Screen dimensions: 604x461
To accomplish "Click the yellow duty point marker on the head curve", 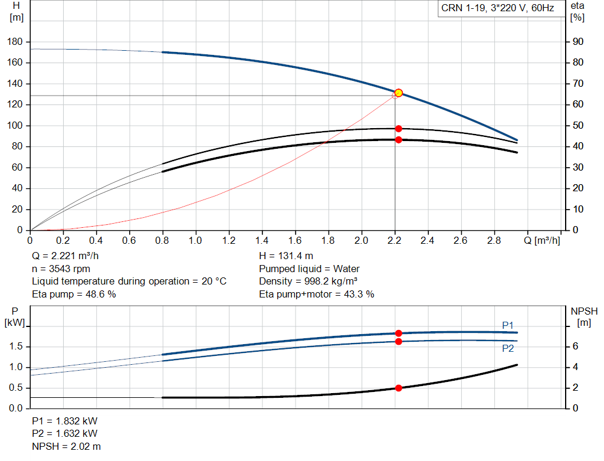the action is (x=399, y=93).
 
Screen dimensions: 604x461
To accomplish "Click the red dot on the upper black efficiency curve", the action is (x=399, y=129).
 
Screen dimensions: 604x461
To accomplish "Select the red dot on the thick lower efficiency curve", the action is (x=399, y=140).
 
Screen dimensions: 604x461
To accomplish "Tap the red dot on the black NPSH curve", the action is (x=399, y=388).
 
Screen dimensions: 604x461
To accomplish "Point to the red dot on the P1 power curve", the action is (x=399, y=334).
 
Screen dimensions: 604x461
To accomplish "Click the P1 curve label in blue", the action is (x=508, y=325).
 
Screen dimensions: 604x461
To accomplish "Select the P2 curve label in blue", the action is (x=508, y=348).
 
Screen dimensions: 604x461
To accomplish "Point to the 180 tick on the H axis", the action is (x=15, y=42).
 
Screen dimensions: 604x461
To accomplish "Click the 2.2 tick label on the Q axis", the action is (x=394, y=240).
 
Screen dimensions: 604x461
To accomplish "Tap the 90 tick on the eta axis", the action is (x=578, y=42).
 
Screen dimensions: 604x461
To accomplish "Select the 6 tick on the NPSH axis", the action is (x=575, y=346).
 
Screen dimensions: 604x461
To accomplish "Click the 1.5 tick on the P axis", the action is (x=16, y=346).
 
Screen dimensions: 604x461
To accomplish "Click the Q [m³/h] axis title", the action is (x=542, y=240).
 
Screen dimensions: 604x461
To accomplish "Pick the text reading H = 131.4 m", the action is (x=286, y=256).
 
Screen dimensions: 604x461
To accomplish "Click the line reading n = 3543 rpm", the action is (x=61, y=269).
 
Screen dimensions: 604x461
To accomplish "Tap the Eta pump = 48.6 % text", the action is (x=74, y=294).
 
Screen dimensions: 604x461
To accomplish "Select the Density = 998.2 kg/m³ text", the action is (x=308, y=282).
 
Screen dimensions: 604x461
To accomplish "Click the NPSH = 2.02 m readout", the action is (x=66, y=446).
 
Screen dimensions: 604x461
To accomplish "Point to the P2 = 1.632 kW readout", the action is (x=65, y=434).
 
